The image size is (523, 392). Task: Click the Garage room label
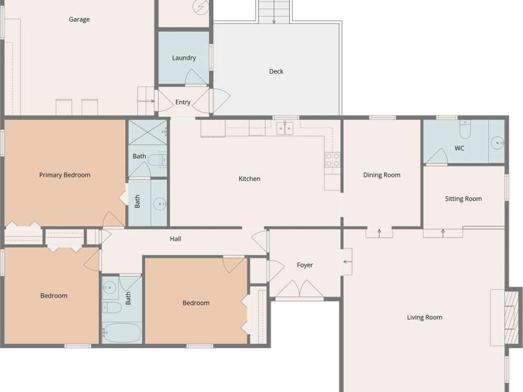pyautogui.click(x=79, y=19)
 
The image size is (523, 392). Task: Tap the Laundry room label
pyautogui.click(x=184, y=58)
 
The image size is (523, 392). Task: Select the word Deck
pyautogui.click(x=276, y=71)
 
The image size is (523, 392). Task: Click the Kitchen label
pyautogui.click(x=249, y=179)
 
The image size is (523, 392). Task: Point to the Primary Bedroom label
pyautogui.click(x=65, y=175)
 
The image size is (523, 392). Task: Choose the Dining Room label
pyautogui.click(x=382, y=175)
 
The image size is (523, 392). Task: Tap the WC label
pyautogui.click(x=459, y=148)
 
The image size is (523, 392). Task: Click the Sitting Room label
pyautogui.click(x=463, y=199)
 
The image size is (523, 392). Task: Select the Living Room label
pyautogui.click(x=424, y=318)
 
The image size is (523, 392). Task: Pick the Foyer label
pyautogui.click(x=305, y=265)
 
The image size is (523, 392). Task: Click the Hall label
pyautogui.click(x=176, y=239)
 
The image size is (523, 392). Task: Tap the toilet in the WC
pyautogui.click(x=465, y=129)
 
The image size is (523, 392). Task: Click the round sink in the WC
pyautogui.click(x=498, y=143)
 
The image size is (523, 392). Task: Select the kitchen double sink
pyautogui.click(x=285, y=128)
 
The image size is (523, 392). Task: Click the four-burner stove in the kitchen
pyautogui.click(x=333, y=160)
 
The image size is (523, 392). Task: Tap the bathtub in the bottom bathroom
pyautogui.click(x=122, y=332)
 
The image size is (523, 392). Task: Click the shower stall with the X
pyautogui.click(x=148, y=132)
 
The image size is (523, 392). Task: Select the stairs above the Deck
pyautogui.click(x=274, y=11)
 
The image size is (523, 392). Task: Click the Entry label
pyautogui.click(x=183, y=102)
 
